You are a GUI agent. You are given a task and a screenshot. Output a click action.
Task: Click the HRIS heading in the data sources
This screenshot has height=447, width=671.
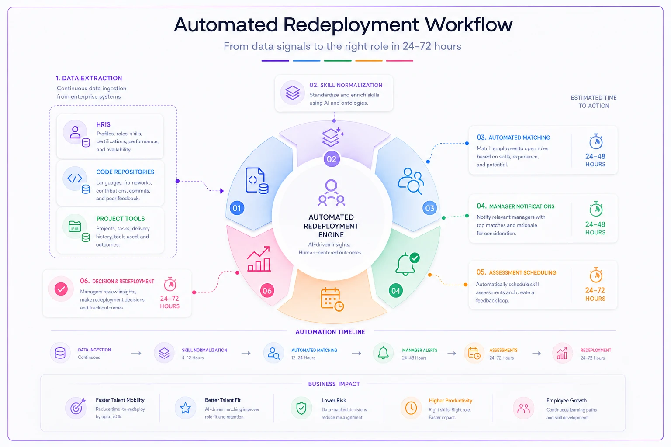[x=103, y=124]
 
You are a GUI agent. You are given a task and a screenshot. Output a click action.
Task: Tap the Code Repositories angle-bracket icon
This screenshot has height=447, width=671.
[x=75, y=179]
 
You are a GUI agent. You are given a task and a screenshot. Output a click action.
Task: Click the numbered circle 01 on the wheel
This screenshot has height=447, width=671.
[x=237, y=208]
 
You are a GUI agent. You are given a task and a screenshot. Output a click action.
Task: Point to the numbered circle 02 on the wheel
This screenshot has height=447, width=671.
[x=332, y=159]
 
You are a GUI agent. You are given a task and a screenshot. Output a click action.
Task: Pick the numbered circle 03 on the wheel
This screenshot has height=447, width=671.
[x=429, y=208]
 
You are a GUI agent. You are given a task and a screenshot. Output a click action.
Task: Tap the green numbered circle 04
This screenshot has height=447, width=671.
[x=396, y=291]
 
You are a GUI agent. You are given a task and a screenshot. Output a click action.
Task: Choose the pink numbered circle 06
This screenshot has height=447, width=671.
[x=267, y=290]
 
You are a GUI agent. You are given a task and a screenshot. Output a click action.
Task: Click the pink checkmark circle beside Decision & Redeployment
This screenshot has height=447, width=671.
[x=61, y=289]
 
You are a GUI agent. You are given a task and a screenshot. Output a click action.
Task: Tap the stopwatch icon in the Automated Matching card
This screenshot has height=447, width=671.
[x=596, y=141]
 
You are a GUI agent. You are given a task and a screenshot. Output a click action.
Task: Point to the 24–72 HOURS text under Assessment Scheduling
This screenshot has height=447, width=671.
[x=595, y=294]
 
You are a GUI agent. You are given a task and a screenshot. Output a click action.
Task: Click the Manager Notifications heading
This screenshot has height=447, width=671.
[x=515, y=206]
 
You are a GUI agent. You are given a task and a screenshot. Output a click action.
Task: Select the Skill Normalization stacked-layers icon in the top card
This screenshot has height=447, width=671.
[x=292, y=93]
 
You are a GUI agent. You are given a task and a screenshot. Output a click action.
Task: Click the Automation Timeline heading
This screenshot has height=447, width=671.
[x=330, y=332]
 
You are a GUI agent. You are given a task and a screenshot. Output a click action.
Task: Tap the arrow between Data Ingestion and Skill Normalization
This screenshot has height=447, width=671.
[x=136, y=353]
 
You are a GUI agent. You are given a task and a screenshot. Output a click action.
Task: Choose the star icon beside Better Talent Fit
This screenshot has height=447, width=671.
[x=185, y=408]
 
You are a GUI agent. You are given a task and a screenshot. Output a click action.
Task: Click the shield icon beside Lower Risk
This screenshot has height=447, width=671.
[x=301, y=408]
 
